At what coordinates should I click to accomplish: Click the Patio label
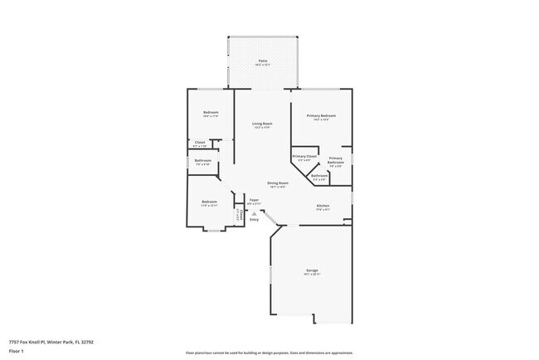262,61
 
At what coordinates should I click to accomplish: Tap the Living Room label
263,123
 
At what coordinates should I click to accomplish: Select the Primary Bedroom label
321,115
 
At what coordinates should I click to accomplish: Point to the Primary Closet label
304,156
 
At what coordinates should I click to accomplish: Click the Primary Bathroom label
335,160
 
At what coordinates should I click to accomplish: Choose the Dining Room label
277,182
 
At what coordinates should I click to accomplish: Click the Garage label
312,270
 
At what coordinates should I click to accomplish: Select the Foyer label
254,199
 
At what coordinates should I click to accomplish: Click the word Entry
254,219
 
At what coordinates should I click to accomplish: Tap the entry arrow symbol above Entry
254,213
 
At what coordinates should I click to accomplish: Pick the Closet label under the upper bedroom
200,142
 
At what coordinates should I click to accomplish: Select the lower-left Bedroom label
208,202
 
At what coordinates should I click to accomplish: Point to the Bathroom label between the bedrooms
203,160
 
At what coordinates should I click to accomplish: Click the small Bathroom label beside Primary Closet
318,175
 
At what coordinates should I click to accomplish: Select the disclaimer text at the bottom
269,352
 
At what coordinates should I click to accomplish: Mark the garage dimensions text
312,275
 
